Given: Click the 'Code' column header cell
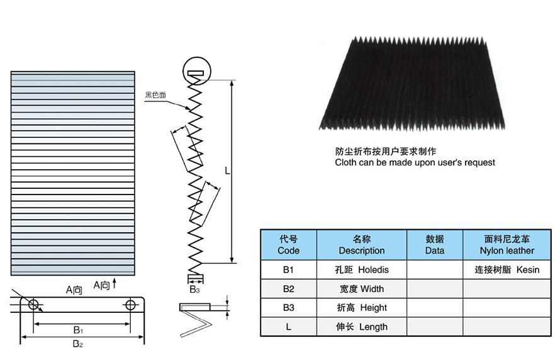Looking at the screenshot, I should [288, 245].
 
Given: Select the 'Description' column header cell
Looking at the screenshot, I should [361, 245].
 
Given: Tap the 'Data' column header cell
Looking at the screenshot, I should [434, 245].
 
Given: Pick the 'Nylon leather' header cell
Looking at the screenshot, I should [507, 245].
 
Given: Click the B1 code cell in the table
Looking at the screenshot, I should [288, 270].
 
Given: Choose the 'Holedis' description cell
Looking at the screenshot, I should [361, 270].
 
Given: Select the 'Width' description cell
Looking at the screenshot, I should [361, 289].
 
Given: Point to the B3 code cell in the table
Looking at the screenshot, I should [288, 308].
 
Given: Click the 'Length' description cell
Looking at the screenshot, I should [361, 327].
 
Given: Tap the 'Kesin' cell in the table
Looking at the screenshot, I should [507, 270].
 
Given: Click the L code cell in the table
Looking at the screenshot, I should [288, 327].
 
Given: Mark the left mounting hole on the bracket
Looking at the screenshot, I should [34, 305].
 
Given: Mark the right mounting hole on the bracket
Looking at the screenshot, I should [130, 305].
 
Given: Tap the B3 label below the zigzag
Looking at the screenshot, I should [195, 290].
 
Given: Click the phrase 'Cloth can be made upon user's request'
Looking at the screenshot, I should [415, 162].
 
